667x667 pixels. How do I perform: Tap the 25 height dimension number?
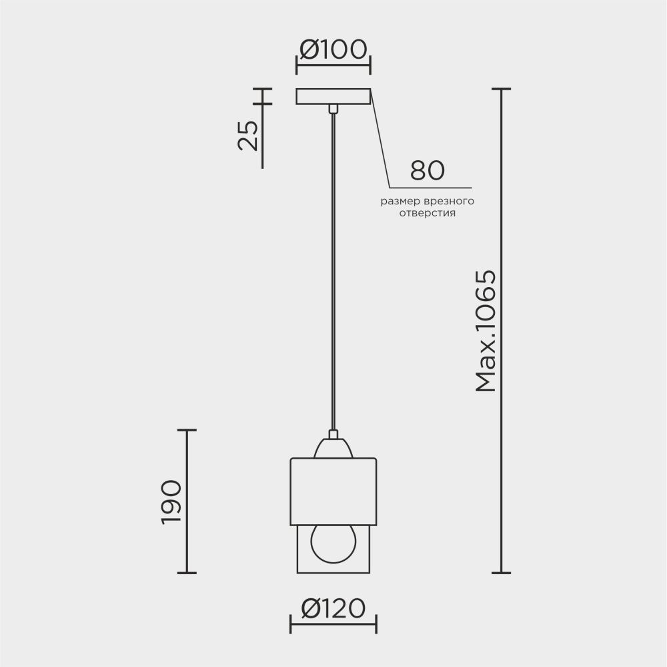pyautogui.click(x=248, y=136)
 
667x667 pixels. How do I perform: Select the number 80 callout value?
pyautogui.click(x=427, y=170)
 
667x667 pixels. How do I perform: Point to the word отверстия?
pyautogui.click(x=427, y=214)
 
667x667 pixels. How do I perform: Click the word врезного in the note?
pyautogui.click(x=450, y=201)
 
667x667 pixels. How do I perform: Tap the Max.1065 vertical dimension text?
pyautogui.click(x=486, y=330)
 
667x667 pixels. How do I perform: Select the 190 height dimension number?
pyautogui.click(x=171, y=501)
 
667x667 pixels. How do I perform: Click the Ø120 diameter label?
pyautogui.click(x=333, y=608)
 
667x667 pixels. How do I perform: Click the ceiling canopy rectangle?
pyautogui.click(x=333, y=97)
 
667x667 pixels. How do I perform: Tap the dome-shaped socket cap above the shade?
pyautogui.click(x=333, y=447)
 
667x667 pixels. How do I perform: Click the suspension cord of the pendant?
pyautogui.click(x=333, y=267)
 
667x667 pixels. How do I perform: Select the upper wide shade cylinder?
pyautogui.click(x=333, y=491)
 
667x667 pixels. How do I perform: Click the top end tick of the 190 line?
pyautogui.click(x=186, y=430)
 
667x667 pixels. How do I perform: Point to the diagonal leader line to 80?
pyautogui.click(x=380, y=140)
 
